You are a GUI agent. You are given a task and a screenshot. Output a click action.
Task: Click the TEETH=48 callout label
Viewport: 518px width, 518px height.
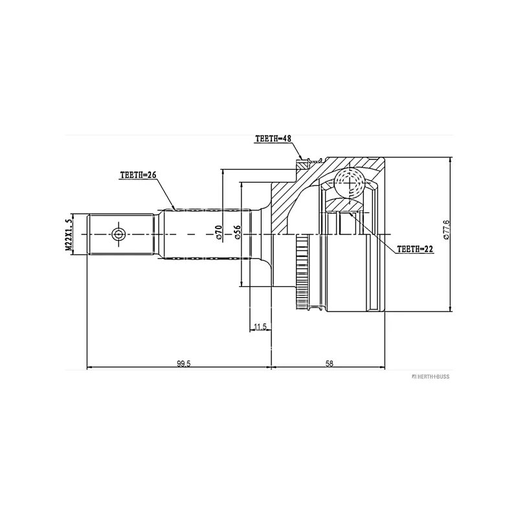coord(273,139)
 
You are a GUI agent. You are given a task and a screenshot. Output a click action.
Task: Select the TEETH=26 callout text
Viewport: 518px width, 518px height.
coord(138,175)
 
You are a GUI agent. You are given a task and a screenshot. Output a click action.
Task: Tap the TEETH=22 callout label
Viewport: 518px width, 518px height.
coord(414,249)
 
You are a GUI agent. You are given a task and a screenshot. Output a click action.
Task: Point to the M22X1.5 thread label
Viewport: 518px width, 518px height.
coord(69,236)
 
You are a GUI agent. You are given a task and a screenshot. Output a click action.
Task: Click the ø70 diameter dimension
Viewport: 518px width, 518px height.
coord(219,232)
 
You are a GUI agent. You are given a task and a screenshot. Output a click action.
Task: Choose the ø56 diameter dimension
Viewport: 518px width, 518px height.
coord(237,232)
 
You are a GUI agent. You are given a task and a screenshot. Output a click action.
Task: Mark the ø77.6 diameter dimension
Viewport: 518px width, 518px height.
coord(446,230)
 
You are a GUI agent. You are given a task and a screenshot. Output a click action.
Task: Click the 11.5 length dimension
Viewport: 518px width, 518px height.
coord(260,327)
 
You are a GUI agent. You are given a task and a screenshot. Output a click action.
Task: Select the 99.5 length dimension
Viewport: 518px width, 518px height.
coord(184,364)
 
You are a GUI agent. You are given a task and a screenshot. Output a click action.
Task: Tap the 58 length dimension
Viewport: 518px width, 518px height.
coord(330,364)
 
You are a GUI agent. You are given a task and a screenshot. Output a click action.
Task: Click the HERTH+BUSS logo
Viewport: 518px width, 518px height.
coord(431,377)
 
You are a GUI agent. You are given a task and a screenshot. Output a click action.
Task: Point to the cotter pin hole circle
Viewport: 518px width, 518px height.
coord(118,234)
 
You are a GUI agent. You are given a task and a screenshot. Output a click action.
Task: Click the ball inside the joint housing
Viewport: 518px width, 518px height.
coord(349,183)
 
